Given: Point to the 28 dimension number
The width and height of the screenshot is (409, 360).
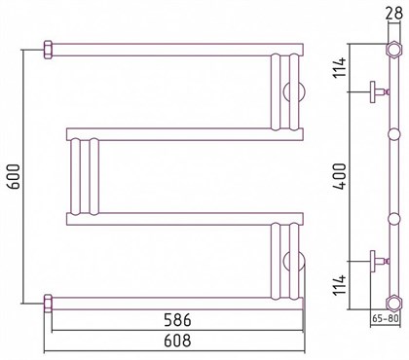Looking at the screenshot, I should pos(391,12).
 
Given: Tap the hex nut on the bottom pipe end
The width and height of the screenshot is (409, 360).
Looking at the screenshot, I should pos(48,299).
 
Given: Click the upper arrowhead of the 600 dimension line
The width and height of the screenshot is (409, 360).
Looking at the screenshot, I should pos(22,51).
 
